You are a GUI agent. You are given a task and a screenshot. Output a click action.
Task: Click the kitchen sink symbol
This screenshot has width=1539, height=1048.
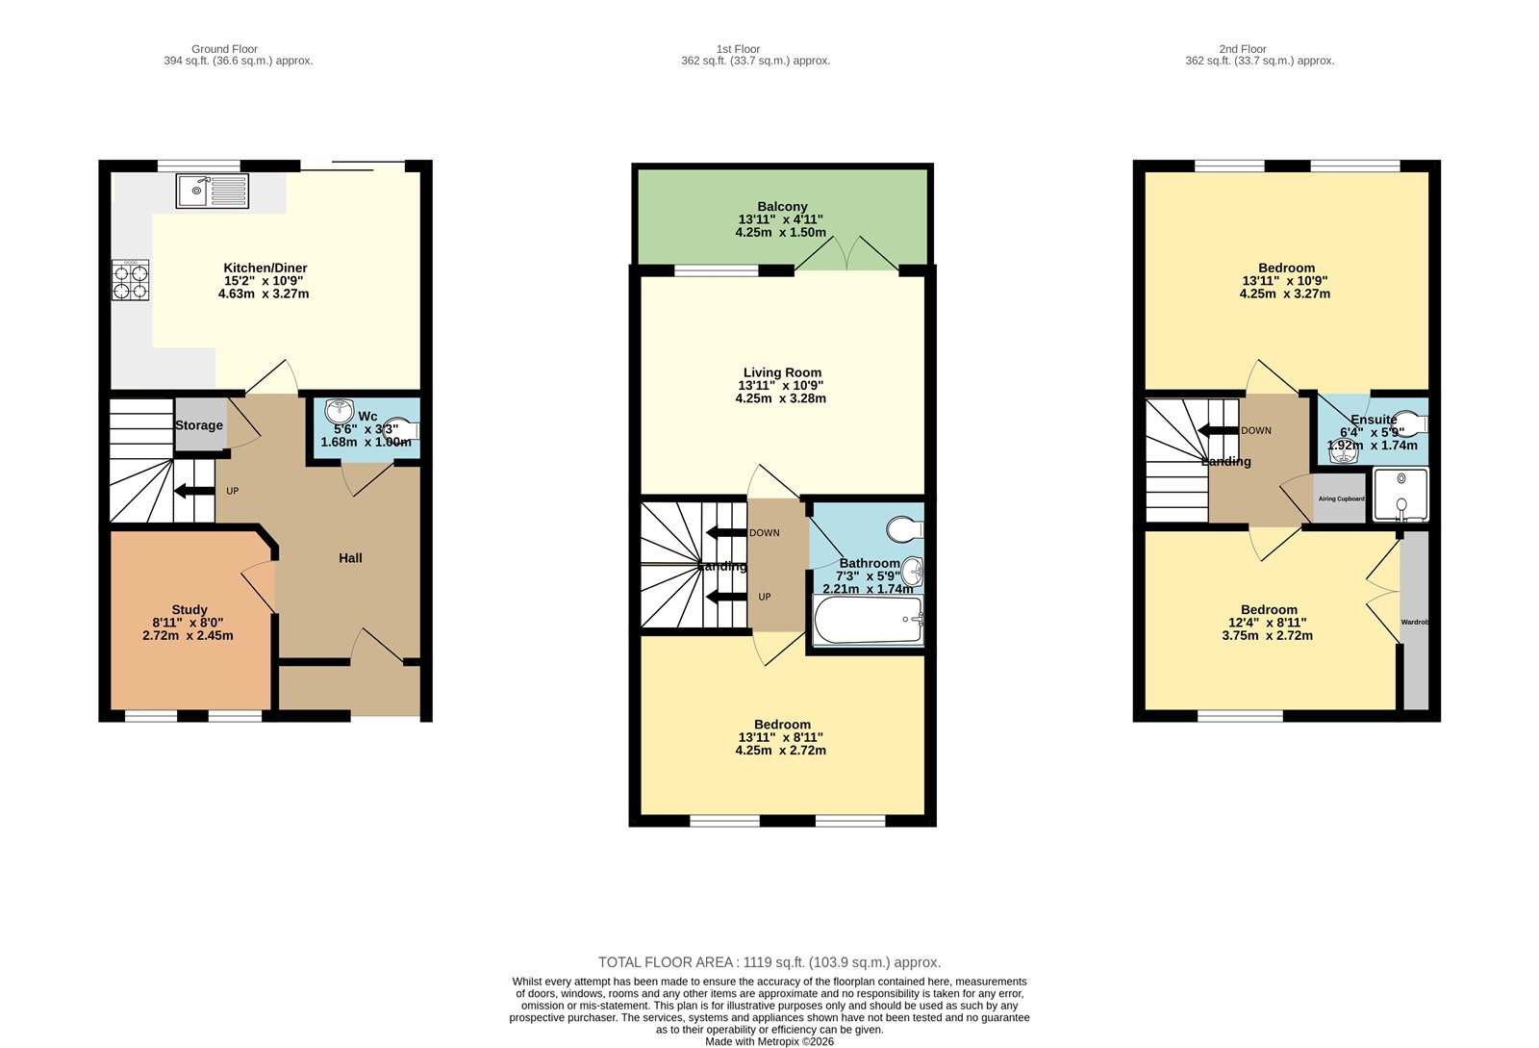212,191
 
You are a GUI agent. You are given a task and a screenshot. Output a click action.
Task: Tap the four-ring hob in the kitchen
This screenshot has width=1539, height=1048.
131,280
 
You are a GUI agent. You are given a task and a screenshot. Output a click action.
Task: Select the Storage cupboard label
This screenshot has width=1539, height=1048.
199,425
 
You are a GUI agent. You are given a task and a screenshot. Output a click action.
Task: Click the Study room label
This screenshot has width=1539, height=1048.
189,610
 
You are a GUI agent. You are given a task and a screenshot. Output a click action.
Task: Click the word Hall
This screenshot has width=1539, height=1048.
350,558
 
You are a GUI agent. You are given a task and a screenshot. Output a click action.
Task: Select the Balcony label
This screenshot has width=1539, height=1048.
782,207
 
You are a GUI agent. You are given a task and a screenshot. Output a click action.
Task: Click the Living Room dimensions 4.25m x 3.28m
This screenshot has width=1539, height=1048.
780,398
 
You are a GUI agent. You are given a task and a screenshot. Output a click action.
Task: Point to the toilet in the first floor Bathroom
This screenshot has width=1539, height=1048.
904,529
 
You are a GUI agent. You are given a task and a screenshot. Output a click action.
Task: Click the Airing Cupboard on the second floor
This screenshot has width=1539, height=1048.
1341,498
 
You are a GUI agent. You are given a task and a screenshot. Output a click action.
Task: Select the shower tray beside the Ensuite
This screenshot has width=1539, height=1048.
1400,495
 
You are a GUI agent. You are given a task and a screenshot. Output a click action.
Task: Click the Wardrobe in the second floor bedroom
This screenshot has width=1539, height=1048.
1415,623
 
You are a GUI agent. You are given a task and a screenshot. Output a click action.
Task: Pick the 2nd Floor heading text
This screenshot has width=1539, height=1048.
1242,49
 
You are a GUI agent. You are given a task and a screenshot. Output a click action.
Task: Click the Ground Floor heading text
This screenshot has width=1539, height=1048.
224,49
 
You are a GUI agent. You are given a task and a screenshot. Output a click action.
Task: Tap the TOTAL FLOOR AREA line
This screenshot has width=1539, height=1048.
769,962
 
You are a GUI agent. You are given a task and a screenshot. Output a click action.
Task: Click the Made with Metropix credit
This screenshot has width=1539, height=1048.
769,1041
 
